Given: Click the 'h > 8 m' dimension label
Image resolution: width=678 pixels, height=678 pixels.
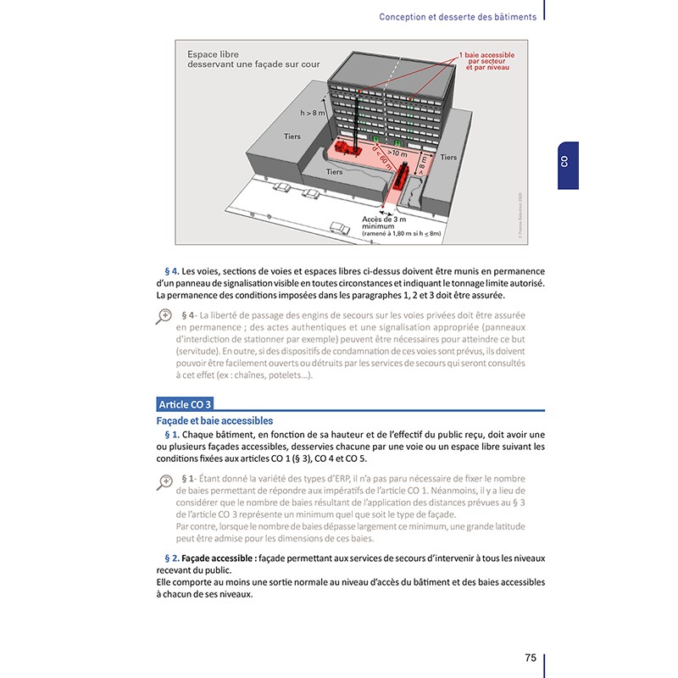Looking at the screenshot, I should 313,112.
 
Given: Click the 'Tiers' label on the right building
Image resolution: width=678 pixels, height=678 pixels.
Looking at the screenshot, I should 448,158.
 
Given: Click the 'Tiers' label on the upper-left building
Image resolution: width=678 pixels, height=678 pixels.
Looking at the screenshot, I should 291,136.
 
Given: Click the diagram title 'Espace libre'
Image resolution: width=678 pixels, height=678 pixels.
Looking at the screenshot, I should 214,55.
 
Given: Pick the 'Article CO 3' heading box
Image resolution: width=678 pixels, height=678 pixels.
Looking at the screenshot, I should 184,403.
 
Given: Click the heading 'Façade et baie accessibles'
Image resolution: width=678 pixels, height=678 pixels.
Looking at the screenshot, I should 214,420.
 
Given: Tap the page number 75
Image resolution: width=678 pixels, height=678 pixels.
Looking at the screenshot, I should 530,658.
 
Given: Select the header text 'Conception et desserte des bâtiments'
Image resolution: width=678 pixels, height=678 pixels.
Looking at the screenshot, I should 458,16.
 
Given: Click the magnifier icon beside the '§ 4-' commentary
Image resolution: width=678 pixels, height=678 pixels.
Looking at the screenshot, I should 164,316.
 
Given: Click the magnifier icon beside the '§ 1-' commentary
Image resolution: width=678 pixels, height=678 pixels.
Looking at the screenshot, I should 164,481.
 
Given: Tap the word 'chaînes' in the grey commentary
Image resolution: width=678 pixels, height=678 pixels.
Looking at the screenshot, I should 254,375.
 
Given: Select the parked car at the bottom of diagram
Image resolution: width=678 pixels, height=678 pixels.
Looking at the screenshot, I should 339,227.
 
